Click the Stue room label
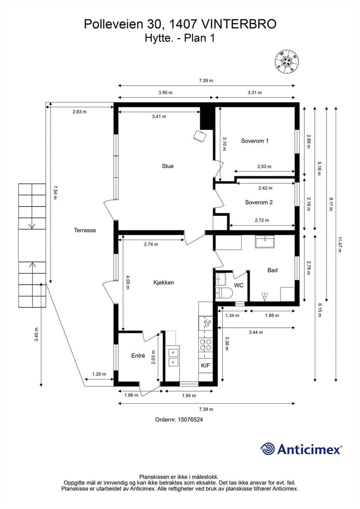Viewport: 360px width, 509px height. [167, 166]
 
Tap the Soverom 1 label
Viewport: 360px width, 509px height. [254, 141]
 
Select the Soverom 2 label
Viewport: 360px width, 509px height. [259, 202]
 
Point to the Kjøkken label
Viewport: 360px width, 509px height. [163, 283]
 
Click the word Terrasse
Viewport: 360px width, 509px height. [85, 230]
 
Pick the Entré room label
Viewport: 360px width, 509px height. [138, 356]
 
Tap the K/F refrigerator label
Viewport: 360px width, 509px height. [205, 366]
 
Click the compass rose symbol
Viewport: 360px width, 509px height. [287, 61]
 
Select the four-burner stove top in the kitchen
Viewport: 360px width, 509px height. [205, 344]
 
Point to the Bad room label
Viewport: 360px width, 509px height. [272, 270]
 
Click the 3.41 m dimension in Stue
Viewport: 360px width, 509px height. [159, 116]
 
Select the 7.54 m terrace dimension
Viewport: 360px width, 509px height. [55, 193]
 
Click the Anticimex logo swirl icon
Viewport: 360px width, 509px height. [267, 449]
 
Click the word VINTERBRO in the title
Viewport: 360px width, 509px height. [239, 24]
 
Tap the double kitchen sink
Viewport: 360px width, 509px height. [173, 356]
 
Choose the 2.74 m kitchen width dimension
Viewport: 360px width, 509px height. [151, 244]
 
